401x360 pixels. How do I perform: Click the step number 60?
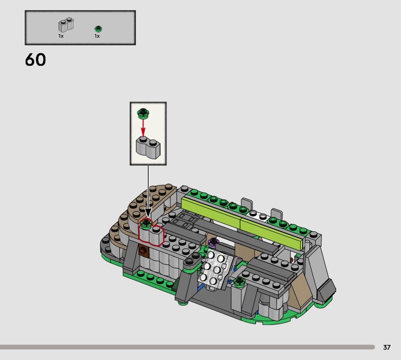tap(35, 60)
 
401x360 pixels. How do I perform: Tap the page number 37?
tap(386, 347)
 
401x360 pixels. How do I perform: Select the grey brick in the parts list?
tap(66, 25)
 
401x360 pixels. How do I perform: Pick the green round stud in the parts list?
tap(98, 29)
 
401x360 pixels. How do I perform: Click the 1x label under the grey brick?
tap(61, 36)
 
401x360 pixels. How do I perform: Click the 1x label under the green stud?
tap(97, 36)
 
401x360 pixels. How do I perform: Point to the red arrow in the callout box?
tap(143, 128)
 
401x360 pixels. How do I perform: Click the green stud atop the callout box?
tap(143, 113)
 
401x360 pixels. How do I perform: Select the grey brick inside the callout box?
tap(148, 147)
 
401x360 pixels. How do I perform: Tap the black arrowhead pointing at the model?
tap(148, 213)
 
